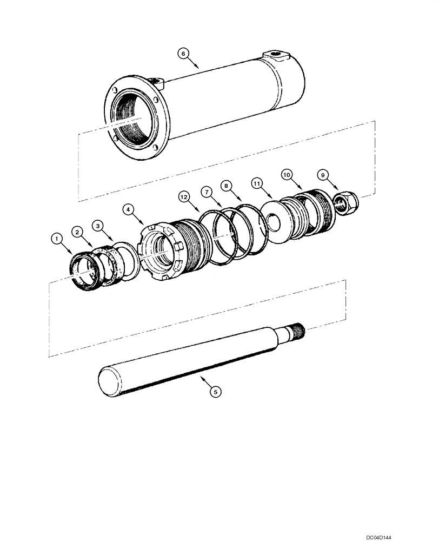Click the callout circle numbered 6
[184, 53]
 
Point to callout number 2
[78, 232]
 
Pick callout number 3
[97, 224]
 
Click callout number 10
[287, 175]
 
